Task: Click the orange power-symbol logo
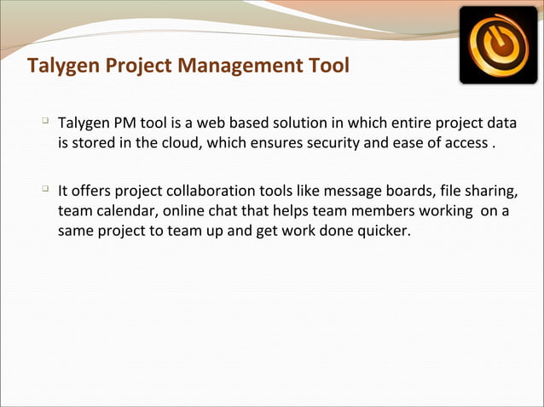point(498,44)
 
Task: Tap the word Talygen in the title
point(61,66)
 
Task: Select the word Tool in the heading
point(329,66)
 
